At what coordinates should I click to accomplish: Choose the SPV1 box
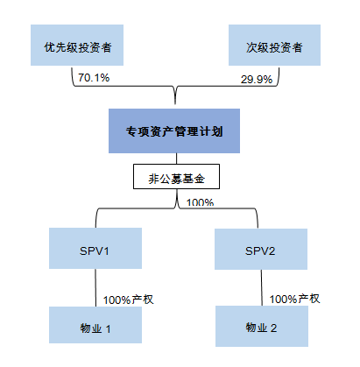coord(94,251)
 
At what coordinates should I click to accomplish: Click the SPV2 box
coord(260,251)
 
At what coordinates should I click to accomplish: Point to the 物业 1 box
coord(95,328)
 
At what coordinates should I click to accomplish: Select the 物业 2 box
coord(261,328)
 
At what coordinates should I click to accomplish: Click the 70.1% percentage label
coord(93,79)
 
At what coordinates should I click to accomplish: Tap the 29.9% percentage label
coord(257,79)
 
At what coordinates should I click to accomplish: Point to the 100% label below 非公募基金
coord(201,202)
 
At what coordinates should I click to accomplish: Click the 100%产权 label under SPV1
coord(129,300)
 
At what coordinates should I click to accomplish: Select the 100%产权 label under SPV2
coord(294,299)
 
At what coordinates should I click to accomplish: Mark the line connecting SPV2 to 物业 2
coord(261,287)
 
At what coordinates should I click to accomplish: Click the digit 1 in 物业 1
coord(108,328)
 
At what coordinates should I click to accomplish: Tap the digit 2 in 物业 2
coord(274,328)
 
